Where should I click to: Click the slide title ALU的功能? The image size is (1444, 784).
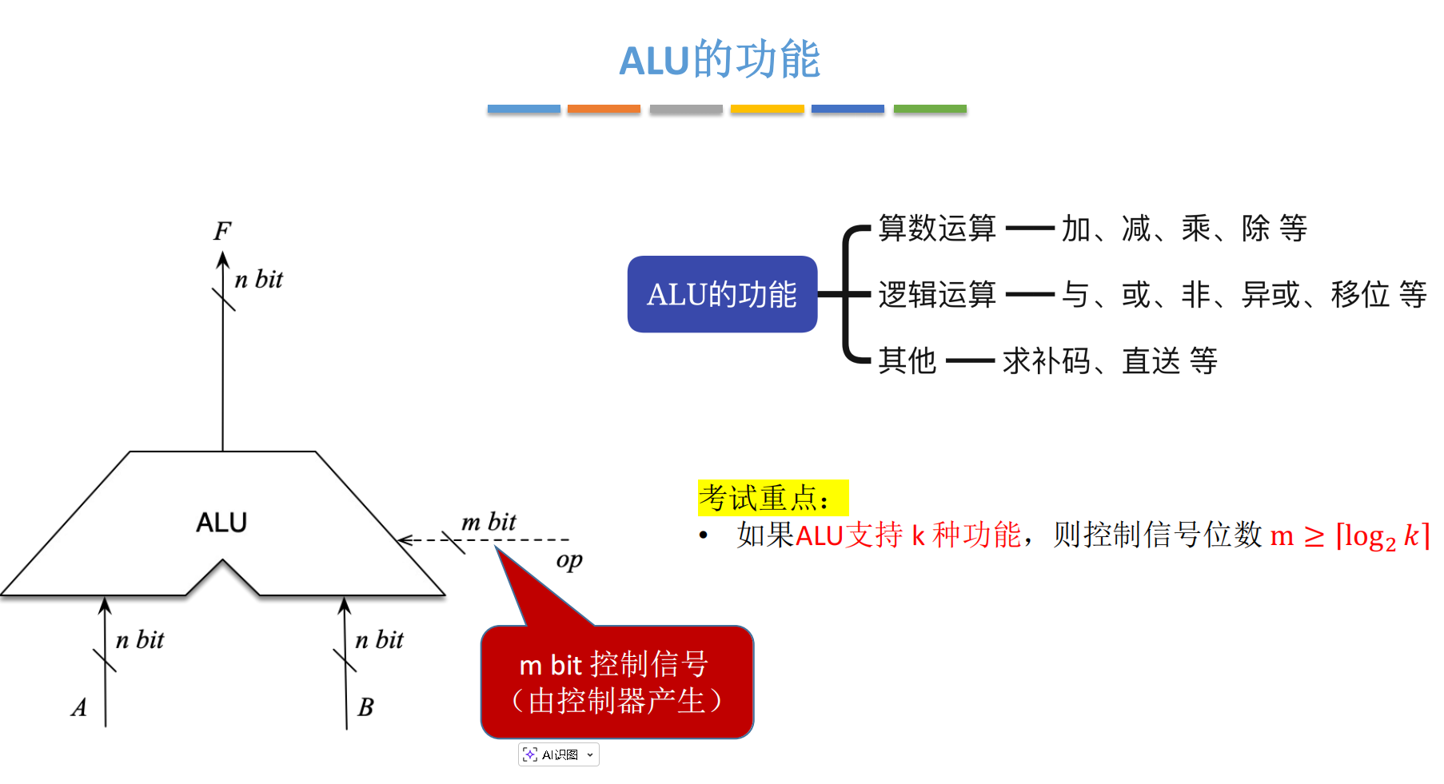click(720, 60)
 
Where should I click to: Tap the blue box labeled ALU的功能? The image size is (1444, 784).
click(722, 294)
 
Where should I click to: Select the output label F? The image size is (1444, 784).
click(222, 231)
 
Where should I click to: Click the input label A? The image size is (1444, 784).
click(79, 707)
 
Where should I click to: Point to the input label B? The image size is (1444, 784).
click(365, 707)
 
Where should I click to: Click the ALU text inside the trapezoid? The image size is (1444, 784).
click(221, 523)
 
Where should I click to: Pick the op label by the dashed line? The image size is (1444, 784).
click(569, 560)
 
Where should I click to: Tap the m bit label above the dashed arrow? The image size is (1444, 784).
click(489, 522)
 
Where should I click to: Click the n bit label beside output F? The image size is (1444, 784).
click(258, 280)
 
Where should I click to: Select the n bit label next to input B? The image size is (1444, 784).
click(379, 639)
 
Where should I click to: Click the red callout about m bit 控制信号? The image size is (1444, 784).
click(616, 683)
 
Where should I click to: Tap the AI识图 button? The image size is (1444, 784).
click(558, 754)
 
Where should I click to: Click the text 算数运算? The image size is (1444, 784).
click(937, 229)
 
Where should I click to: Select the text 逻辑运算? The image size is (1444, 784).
click(937, 295)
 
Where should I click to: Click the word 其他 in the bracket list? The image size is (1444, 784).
click(907, 361)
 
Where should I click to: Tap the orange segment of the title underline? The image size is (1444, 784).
click(604, 109)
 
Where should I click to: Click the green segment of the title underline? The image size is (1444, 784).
click(930, 109)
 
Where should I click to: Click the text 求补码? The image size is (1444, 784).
click(1047, 361)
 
